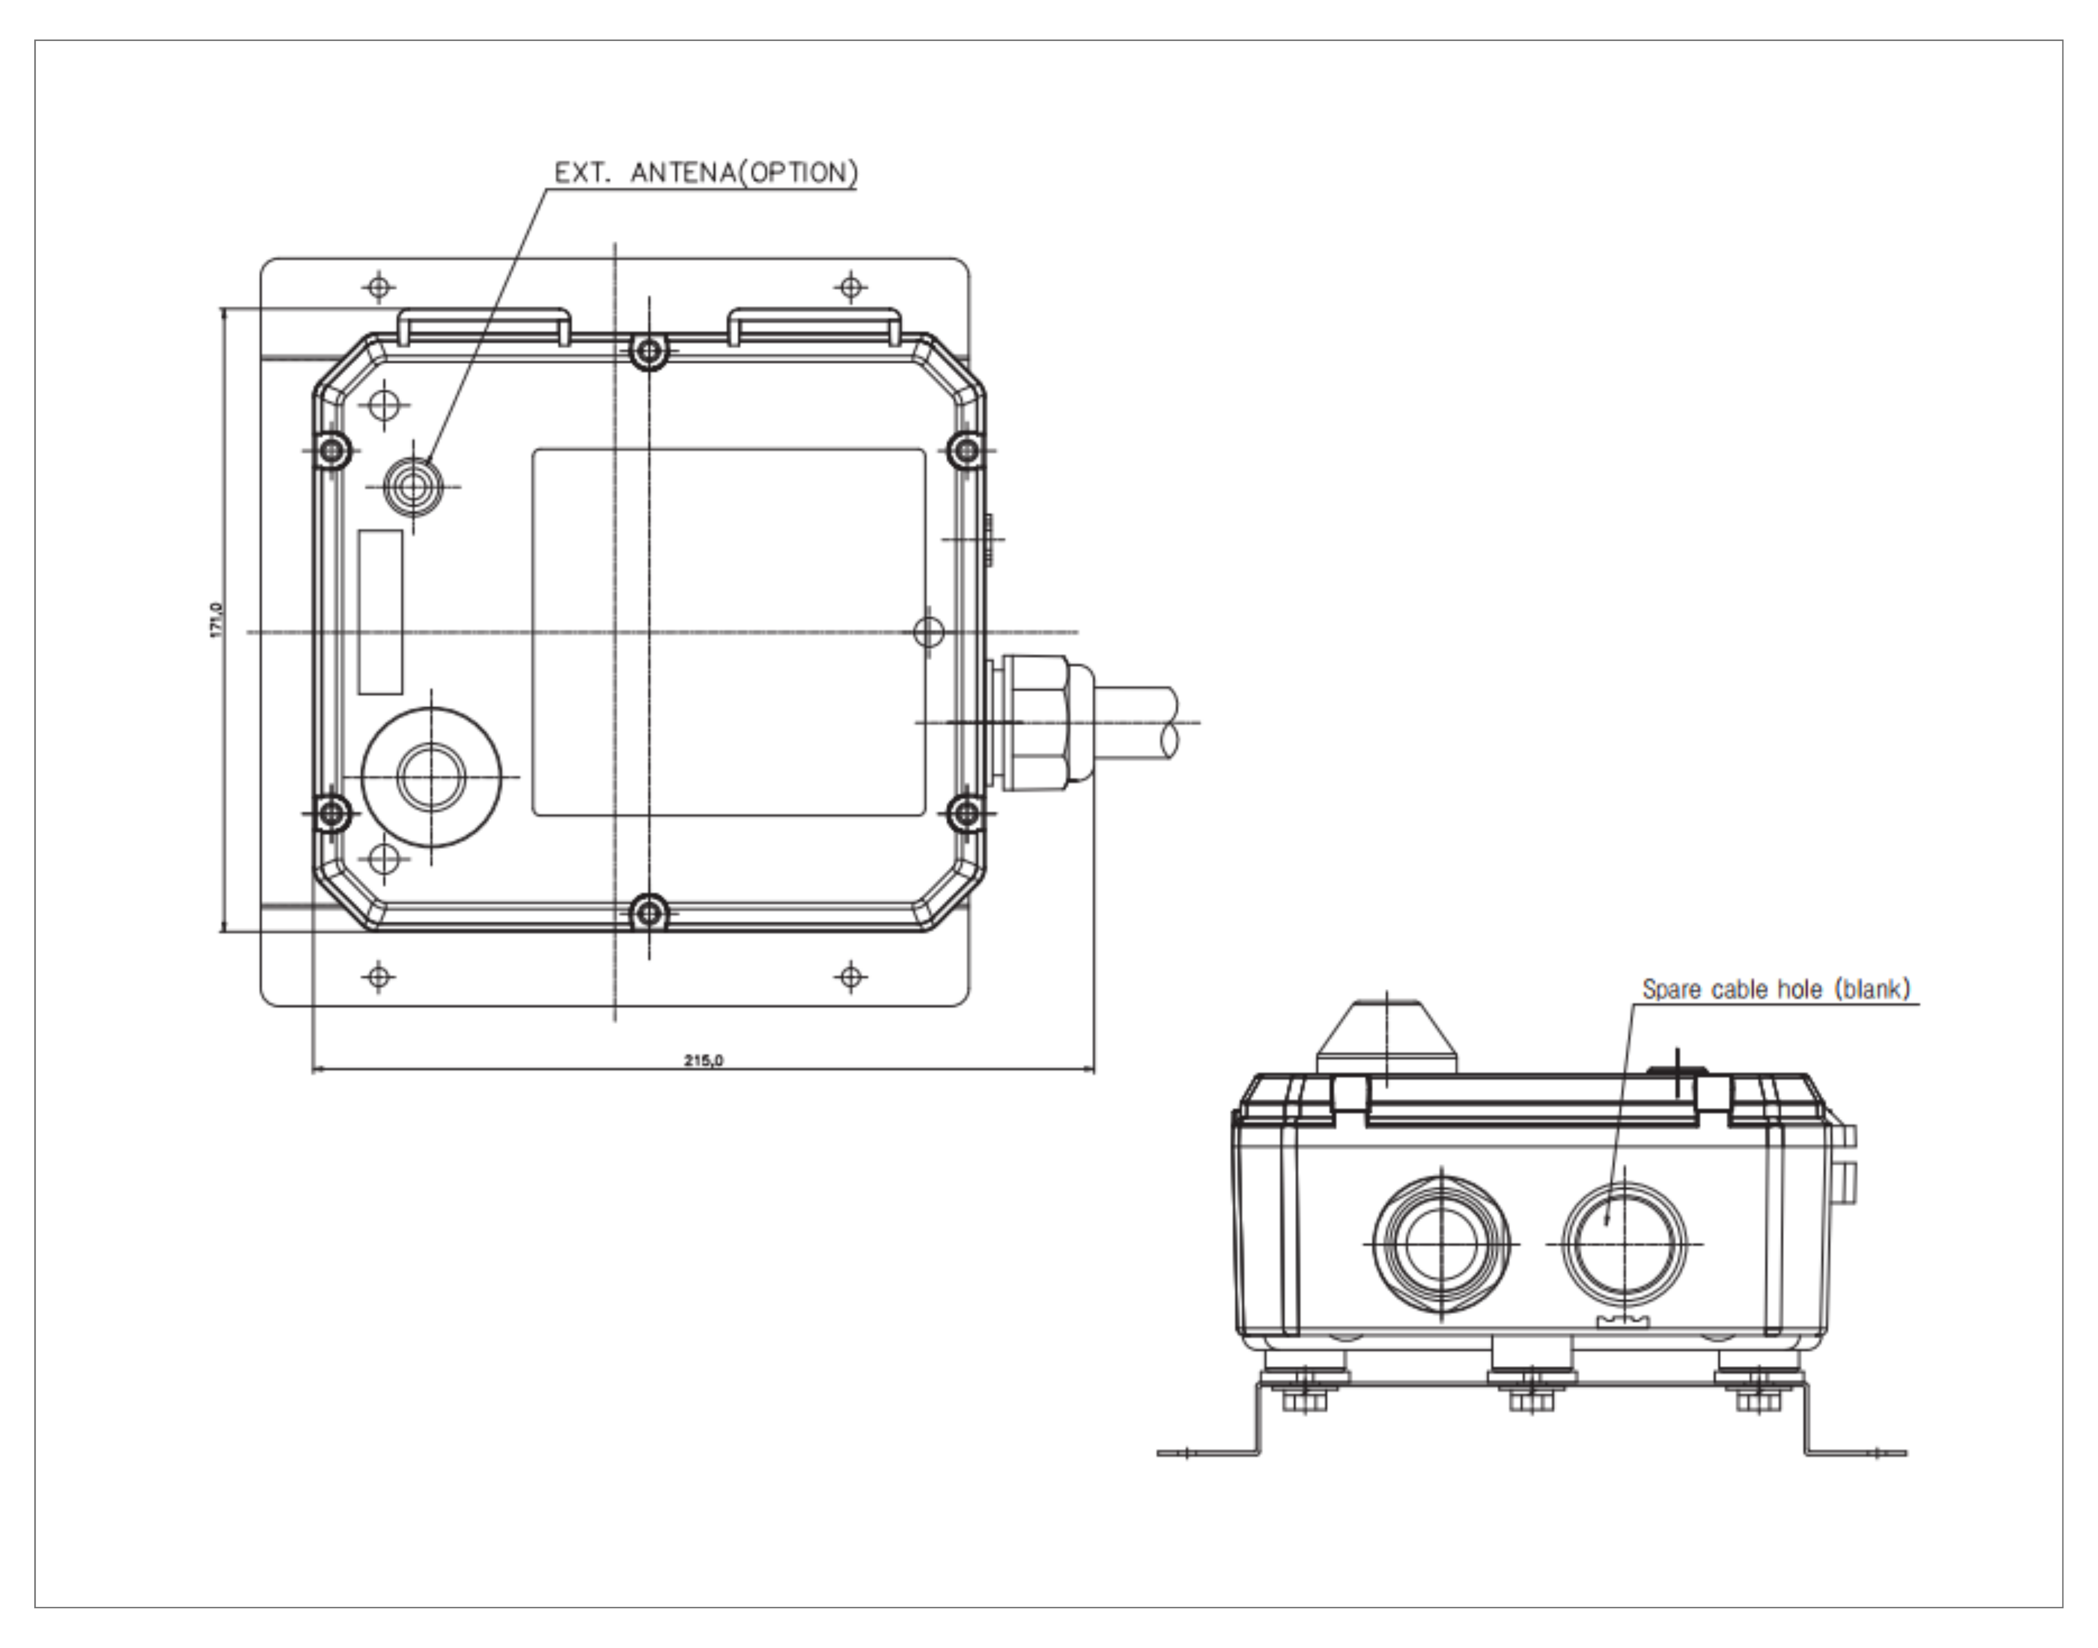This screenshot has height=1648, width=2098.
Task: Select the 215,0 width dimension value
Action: (x=704, y=1060)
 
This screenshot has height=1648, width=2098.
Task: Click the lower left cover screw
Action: (x=332, y=813)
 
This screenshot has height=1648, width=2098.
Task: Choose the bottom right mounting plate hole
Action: (x=850, y=977)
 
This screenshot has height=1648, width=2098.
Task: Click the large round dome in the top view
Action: (x=431, y=777)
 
